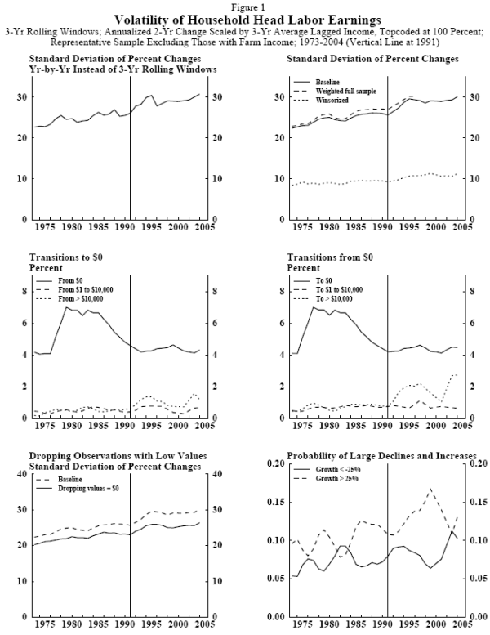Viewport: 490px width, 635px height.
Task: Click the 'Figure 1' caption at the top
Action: (x=245, y=6)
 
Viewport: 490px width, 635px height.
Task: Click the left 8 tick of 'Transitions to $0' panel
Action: (x=24, y=291)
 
